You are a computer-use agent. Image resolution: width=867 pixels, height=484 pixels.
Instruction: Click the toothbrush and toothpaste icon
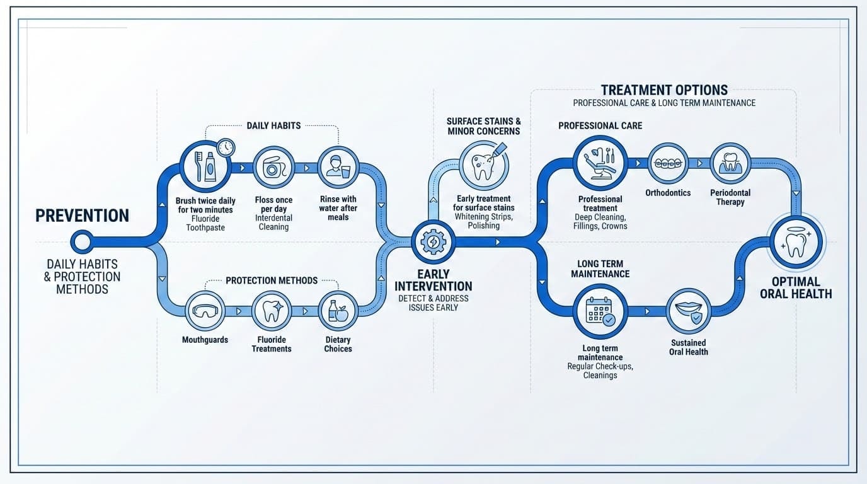[x=205, y=167]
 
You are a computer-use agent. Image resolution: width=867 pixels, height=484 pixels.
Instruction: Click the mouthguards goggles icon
[x=205, y=311]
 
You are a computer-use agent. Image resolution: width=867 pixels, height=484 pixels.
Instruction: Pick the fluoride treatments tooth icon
[x=272, y=311]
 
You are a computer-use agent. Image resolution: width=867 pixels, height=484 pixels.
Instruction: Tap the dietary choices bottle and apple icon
[x=338, y=311]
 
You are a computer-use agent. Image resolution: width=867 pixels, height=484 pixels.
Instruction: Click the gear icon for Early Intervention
[x=433, y=242]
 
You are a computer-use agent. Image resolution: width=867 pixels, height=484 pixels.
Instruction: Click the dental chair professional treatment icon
[x=600, y=163]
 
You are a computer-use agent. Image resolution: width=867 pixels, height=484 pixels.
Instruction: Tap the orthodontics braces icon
[x=668, y=163]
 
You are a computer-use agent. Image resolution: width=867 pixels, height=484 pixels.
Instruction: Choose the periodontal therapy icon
[x=730, y=163]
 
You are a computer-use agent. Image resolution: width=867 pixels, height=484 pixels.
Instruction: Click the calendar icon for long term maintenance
[x=600, y=311]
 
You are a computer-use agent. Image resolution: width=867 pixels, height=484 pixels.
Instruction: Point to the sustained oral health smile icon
[x=688, y=311]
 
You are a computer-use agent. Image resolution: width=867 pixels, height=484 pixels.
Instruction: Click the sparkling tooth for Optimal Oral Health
[x=796, y=242]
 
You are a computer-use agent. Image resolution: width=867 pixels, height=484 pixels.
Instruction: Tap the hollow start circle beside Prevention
[x=82, y=241]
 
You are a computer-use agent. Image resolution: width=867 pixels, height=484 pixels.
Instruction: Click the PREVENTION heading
[x=82, y=216]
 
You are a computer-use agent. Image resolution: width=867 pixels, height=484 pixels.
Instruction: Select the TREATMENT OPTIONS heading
[x=664, y=90]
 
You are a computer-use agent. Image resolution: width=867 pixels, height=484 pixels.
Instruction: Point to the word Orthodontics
[x=668, y=193]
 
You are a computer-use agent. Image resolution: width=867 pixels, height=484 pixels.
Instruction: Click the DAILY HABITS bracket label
[x=273, y=126]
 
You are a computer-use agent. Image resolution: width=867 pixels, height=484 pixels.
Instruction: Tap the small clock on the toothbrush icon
[x=225, y=148]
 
